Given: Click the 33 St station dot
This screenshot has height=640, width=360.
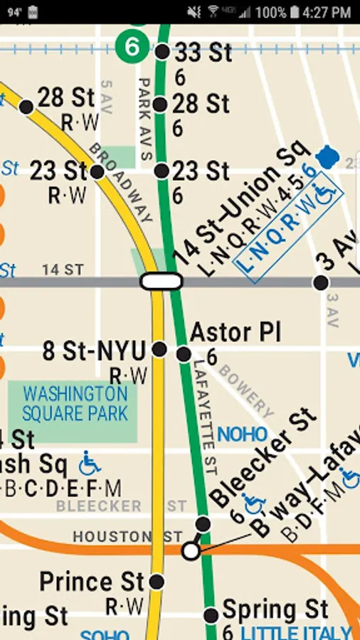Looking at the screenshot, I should pyautogui.click(x=162, y=51).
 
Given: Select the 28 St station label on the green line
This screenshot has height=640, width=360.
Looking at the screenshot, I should pyautogui.click(x=201, y=104).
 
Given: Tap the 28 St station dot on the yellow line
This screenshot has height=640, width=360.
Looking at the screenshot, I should pyautogui.click(x=26, y=107).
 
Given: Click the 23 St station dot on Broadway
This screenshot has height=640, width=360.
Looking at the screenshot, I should pyautogui.click(x=97, y=171).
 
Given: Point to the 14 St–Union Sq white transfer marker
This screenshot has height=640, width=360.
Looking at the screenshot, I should pyautogui.click(x=162, y=281).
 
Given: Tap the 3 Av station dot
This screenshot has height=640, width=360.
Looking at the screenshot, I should pyautogui.click(x=321, y=282).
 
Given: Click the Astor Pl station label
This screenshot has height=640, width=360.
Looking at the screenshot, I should pyautogui.click(x=235, y=332).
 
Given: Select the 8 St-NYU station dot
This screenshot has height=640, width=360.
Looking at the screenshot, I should pyautogui.click(x=159, y=349).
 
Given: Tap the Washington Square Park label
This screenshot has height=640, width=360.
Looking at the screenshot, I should pyautogui.click(x=74, y=403).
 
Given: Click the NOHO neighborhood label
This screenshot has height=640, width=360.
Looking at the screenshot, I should pyautogui.click(x=243, y=434).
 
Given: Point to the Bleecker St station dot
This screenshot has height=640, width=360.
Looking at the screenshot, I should pyautogui.click(x=203, y=524).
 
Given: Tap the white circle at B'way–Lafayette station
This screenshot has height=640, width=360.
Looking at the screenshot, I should pyautogui.click(x=190, y=550).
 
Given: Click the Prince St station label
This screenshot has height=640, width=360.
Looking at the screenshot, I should pyautogui.click(x=92, y=582).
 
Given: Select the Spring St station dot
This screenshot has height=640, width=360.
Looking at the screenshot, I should pyautogui.click(x=211, y=615).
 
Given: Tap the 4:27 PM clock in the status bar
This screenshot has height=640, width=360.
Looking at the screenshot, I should pyautogui.click(x=326, y=12).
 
